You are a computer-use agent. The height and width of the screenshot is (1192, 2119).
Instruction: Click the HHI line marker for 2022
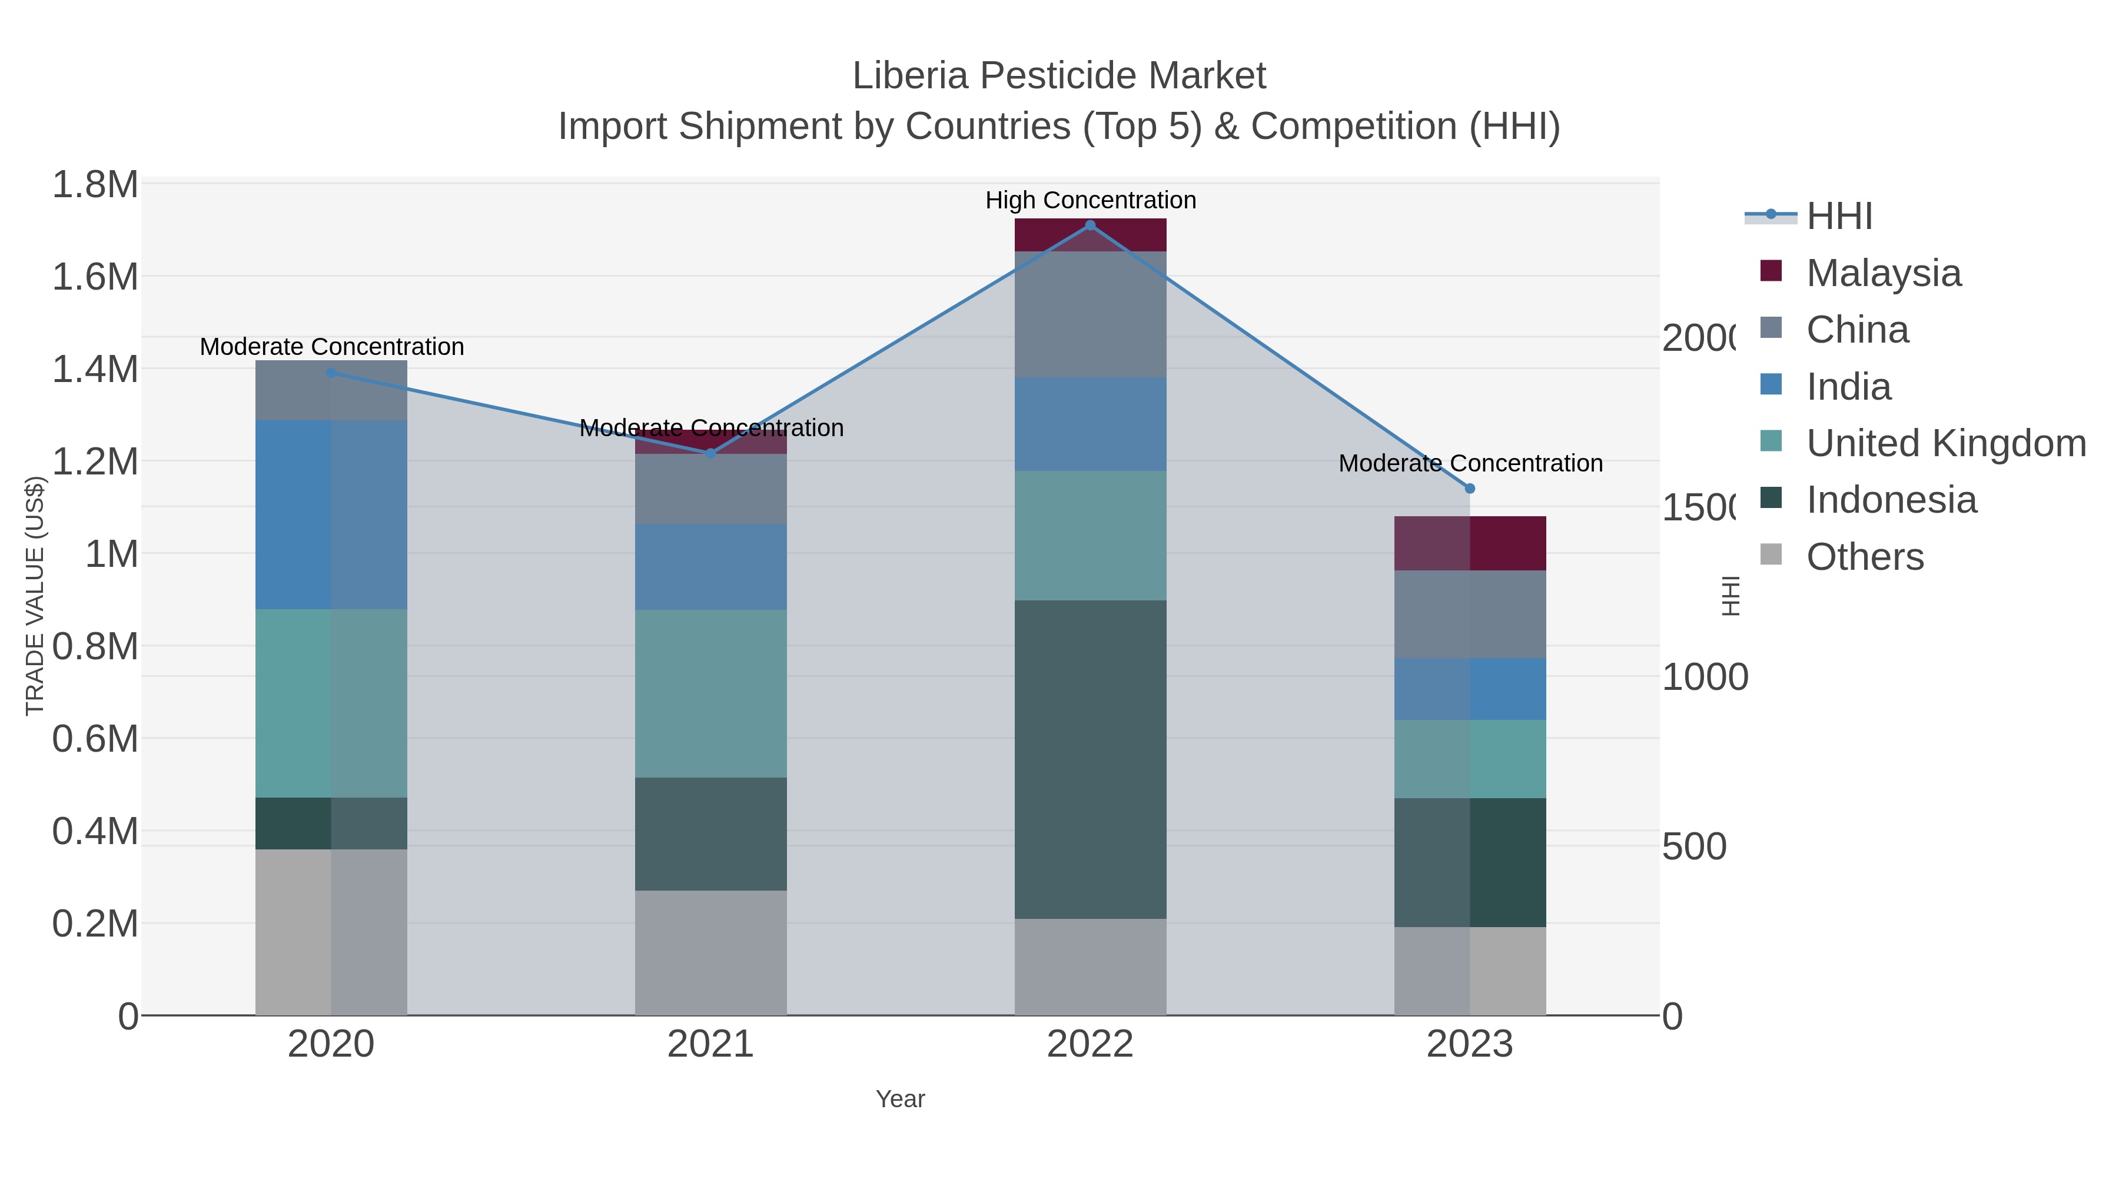(1090, 225)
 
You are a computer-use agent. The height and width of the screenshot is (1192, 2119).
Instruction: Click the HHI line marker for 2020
(331, 373)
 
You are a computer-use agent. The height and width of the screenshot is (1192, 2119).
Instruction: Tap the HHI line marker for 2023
(1470, 489)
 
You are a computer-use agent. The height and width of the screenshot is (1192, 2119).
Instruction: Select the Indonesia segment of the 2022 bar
(1090, 759)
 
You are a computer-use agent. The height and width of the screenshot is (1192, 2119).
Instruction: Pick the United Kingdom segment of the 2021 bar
(710, 693)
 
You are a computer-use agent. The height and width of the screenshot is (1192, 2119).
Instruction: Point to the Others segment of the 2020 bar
(331, 931)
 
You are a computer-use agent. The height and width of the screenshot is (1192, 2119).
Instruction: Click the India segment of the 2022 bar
(1090, 424)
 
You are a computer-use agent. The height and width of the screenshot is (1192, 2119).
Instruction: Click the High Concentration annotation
(1090, 200)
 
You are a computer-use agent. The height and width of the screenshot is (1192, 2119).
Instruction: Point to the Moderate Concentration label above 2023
(1470, 463)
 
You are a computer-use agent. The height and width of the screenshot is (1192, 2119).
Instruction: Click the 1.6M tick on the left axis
(95, 277)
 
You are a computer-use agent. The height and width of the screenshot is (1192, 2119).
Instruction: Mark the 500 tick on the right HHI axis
(1693, 846)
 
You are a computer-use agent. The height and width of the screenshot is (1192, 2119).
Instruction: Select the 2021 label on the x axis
(710, 1045)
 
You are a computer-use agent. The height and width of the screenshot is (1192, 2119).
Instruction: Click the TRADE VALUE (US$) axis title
(35, 596)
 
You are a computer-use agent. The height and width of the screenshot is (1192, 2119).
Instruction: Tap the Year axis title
(900, 1099)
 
